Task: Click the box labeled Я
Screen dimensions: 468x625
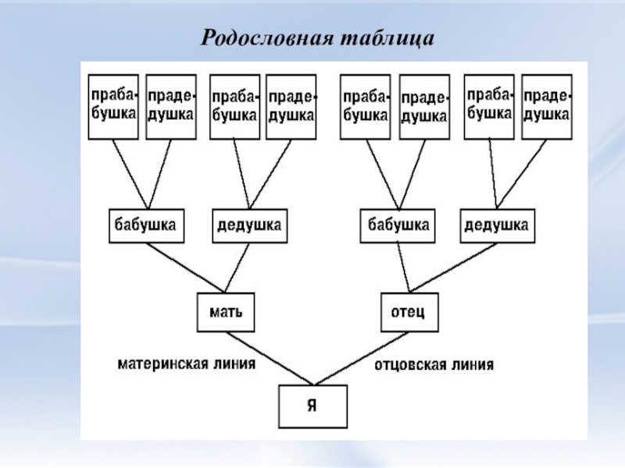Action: pos(313,406)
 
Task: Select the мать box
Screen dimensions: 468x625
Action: pos(226,312)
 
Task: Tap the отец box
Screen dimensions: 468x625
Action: pos(409,312)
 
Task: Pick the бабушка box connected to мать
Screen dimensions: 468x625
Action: pos(145,226)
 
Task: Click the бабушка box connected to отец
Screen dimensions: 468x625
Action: pos(396,226)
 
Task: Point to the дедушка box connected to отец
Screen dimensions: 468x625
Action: pos(497,226)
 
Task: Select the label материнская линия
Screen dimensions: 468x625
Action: pos(187,363)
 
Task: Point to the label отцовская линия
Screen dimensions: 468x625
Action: pos(433,364)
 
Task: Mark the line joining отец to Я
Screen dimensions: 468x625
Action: pos(359,358)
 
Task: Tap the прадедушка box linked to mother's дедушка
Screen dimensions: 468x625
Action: pos(291,107)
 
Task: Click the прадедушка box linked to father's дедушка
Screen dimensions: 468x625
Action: pos(546,107)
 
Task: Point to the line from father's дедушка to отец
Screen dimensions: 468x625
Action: pos(453,266)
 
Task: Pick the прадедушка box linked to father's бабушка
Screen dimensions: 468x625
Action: pos(423,107)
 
